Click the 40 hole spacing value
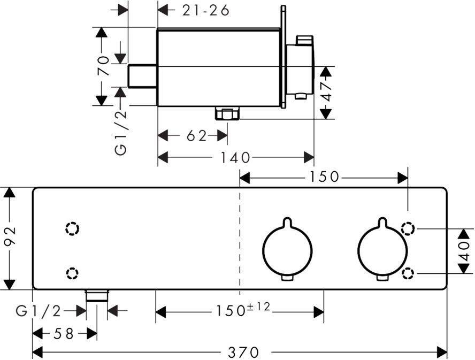465,251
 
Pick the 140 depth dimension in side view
236,157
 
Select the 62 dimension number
196,136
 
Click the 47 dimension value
327,91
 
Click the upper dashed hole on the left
72,228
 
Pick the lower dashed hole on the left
71,274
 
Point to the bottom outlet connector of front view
97,295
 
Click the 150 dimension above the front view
324,176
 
